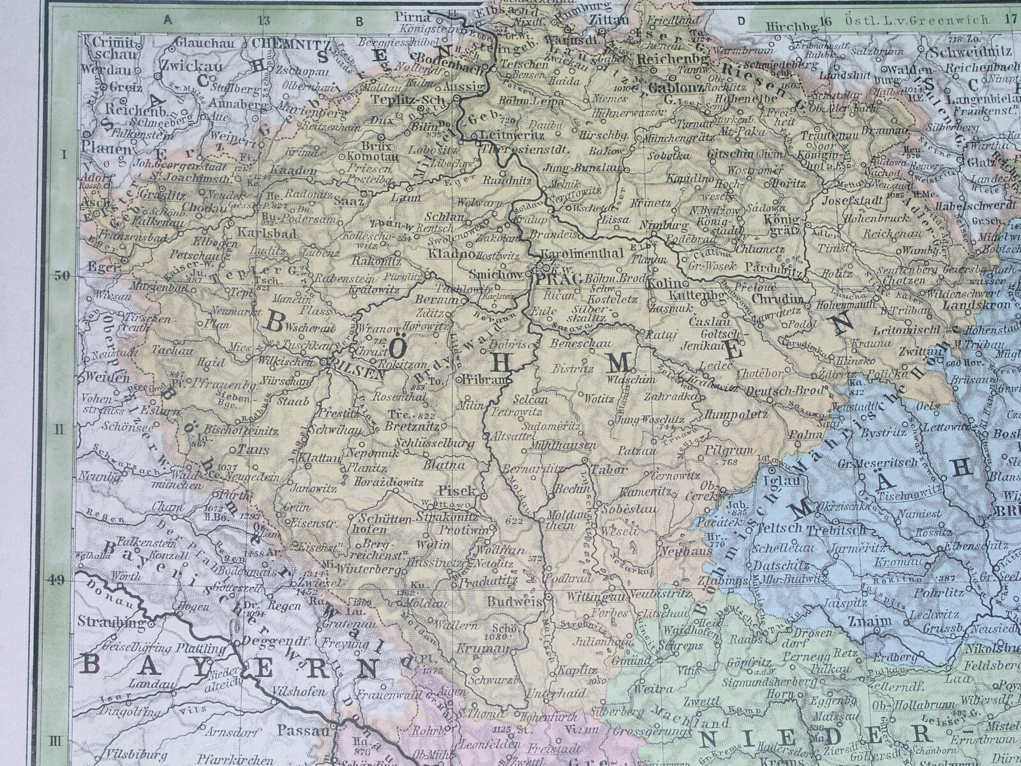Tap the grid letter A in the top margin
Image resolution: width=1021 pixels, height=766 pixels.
pyautogui.click(x=168, y=19)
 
